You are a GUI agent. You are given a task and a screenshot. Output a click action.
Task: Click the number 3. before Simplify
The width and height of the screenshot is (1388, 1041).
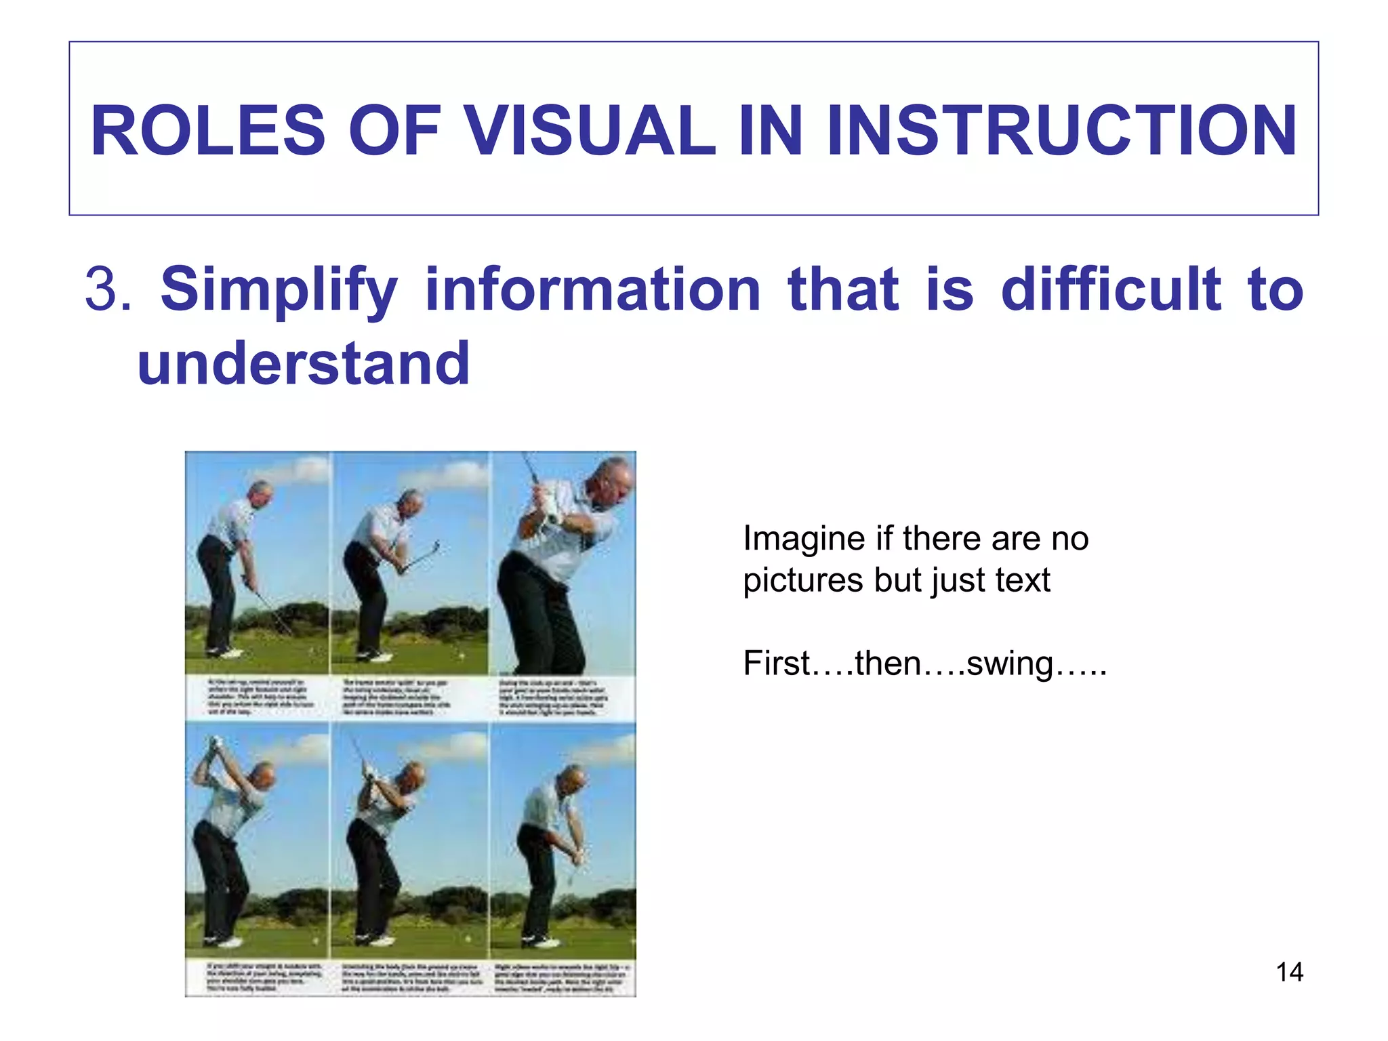(108, 289)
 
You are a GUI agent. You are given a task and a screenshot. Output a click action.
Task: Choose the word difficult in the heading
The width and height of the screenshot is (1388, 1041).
(1111, 289)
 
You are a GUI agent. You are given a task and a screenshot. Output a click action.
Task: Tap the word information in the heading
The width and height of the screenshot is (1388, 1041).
(593, 289)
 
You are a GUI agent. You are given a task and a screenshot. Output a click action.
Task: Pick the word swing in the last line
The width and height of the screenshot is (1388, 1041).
(1009, 663)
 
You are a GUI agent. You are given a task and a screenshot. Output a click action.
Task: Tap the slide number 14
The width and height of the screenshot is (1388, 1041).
(1289, 973)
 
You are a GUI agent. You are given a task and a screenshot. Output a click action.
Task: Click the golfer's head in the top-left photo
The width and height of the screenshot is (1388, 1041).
(260, 494)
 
